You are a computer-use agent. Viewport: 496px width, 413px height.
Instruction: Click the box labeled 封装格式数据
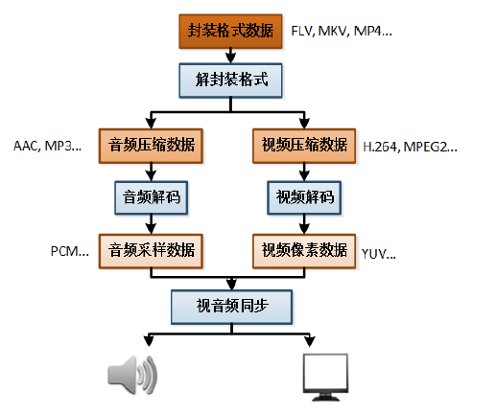coord(230,31)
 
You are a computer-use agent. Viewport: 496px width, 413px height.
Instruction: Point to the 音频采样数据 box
coord(152,250)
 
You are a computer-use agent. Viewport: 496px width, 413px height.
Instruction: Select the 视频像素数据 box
coord(305,250)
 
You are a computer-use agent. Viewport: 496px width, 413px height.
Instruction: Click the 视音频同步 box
coord(230,306)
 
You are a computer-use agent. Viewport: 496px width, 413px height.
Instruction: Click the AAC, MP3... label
coord(48,146)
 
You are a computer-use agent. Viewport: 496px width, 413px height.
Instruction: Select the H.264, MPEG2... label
coord(410,147)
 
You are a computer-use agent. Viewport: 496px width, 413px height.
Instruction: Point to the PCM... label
coord(69,251)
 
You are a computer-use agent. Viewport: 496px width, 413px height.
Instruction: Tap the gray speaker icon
coord(127,374)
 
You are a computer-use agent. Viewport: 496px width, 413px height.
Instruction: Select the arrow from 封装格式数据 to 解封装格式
coord(230,56)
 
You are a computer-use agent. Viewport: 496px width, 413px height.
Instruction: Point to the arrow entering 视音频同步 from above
coord(230,283)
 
